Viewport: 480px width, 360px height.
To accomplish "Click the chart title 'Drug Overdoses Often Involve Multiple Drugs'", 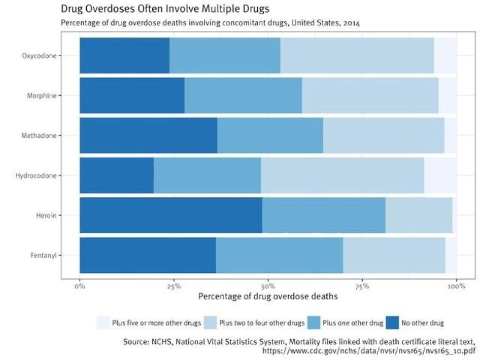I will (165, 9).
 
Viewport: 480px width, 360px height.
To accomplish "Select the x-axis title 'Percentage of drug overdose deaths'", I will (268, 297).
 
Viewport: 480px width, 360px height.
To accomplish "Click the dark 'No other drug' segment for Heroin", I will (170, 215).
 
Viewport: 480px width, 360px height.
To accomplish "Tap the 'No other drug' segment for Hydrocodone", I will (116, 175).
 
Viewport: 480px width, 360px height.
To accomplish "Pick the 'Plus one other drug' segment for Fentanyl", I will (279, 255).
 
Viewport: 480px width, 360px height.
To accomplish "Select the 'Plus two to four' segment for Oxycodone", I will (357, 55).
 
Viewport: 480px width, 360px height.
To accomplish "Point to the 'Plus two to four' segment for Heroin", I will (419, 215).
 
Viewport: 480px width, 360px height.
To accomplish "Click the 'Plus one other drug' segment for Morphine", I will (243, 95).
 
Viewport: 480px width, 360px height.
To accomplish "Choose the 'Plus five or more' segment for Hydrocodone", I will (440, 175).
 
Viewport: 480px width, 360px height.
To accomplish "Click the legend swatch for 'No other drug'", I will (393, 322).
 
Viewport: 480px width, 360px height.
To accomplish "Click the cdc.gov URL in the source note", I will (369, 350).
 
